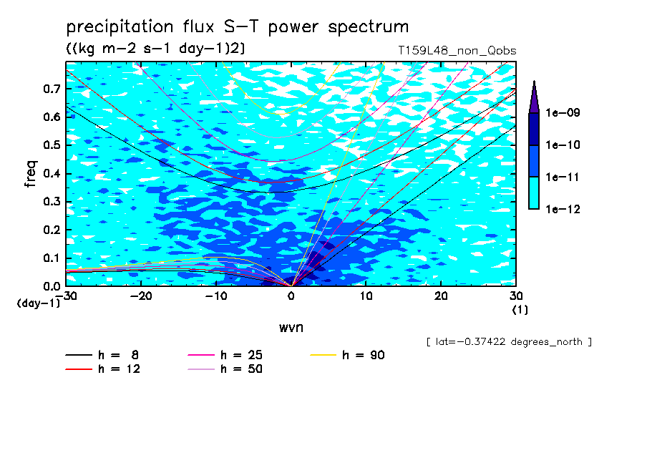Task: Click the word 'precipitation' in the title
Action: (120, 27)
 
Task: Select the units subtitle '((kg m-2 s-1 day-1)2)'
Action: (155, 49)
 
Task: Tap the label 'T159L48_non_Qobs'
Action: (457, 51)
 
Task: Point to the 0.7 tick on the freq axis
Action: (52, 89)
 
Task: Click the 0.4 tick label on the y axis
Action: (52, 173)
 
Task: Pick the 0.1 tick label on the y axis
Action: (52, 258)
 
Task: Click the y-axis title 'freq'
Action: (31, 174)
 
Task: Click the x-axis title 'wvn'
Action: (291, 328)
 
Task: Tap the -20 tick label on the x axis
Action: (141, 296)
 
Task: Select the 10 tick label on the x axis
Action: (366, 296)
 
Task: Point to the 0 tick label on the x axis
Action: (291, 296)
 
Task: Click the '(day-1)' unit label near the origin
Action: (39, 303)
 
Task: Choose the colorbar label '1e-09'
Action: (563, 112)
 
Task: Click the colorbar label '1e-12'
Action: (563, 209)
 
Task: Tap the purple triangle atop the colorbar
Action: (534, 97)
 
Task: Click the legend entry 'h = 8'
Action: (102, 355)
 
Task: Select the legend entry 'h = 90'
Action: (347, 355)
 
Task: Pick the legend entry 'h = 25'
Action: (225, 355)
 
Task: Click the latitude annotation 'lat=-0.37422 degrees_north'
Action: (509, 342)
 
